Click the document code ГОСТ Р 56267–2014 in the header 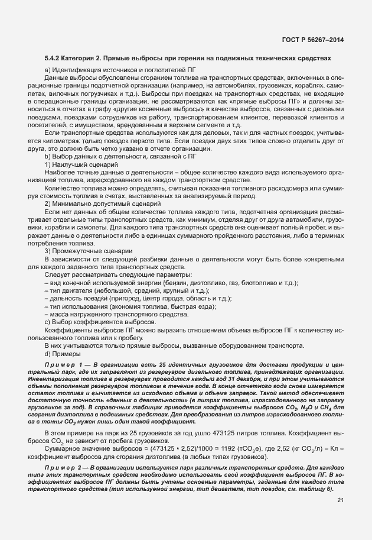311,40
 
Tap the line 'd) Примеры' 61,354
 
